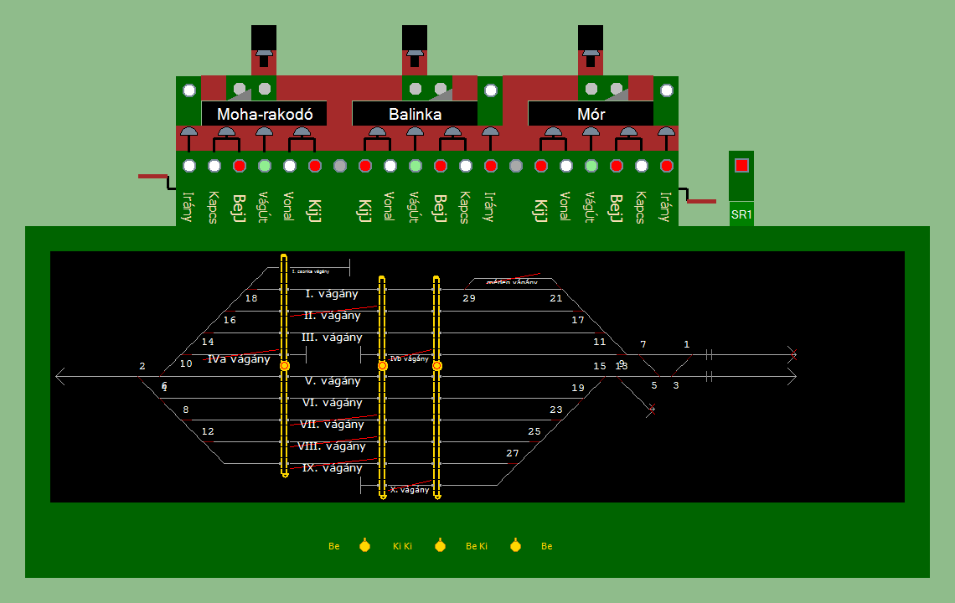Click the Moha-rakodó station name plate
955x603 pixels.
(265, 114)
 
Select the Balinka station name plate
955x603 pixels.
(415, 114)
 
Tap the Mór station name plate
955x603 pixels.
(591, 114)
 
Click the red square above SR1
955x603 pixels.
(741, 165)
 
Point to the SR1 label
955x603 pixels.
(741, 214)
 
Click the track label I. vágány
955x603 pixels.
(332, 294)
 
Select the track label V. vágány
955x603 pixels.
(333, 381)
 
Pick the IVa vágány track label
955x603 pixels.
(239, 359)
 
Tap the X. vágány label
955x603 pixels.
(410, 490)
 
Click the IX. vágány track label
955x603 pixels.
(333, 468)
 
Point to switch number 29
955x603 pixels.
(469, 298)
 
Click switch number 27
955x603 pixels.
(513, 453)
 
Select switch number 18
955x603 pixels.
(251, 298)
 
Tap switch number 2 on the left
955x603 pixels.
(142, 366)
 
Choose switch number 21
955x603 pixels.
(556, 298)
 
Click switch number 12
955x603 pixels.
(208, 431)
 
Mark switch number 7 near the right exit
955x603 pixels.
(643, 344)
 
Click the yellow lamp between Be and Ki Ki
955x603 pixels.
(364, 546)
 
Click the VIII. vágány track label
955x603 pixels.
(332, 446)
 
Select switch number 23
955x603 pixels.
(556, 410)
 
